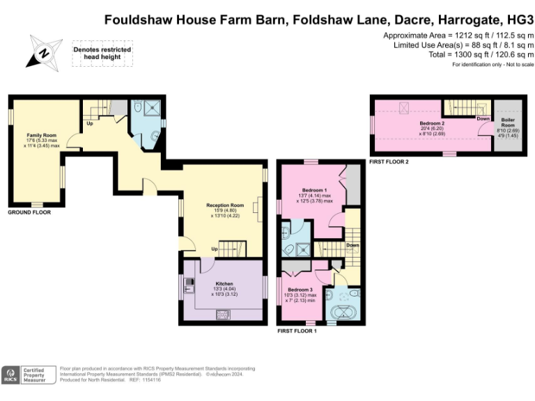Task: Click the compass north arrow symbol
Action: [43, 53]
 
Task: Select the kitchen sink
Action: [189, 284]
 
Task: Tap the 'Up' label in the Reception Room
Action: [215, 249]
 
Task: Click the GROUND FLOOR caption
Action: [29, 212]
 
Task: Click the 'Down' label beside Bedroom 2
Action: [483, 118]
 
